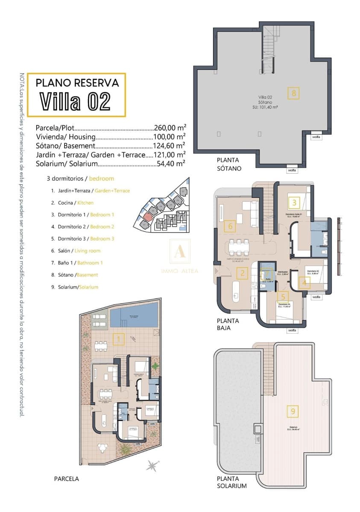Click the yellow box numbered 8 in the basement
click(293, 93)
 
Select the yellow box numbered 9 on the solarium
click(293, 411)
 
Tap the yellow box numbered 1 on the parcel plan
click(118, 339)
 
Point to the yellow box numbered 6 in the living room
click(230, 226)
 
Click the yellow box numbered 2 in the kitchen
click(242, 273)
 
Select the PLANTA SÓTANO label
click(229, 164)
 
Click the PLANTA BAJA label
click(228, 324)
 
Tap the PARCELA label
click(66, 479)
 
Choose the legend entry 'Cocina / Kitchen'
click(72, 203)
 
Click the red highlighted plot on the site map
click(147, 217)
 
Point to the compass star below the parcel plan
click(151, 465)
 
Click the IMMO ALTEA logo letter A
click(179, 253)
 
